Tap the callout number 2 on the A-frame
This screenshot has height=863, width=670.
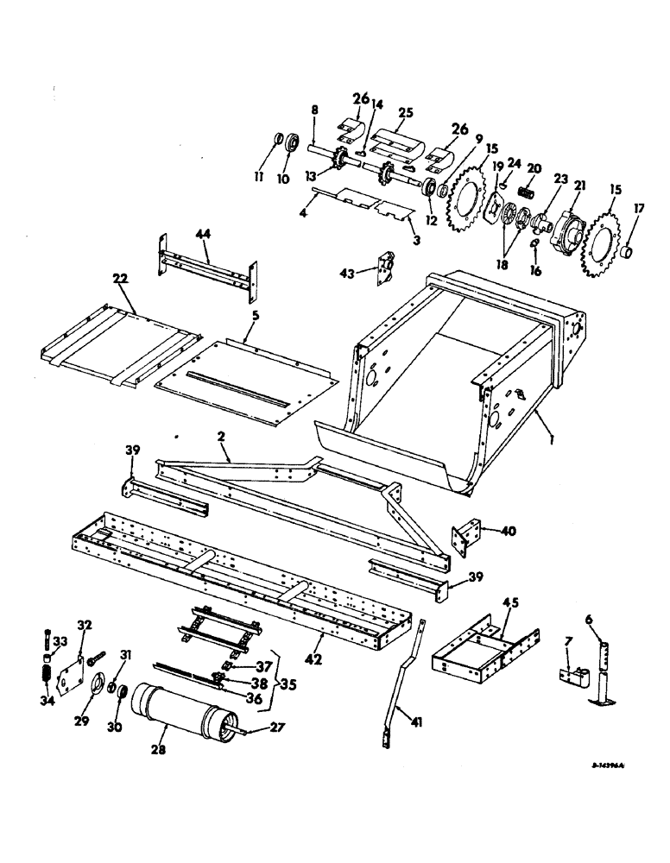point(222,438)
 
